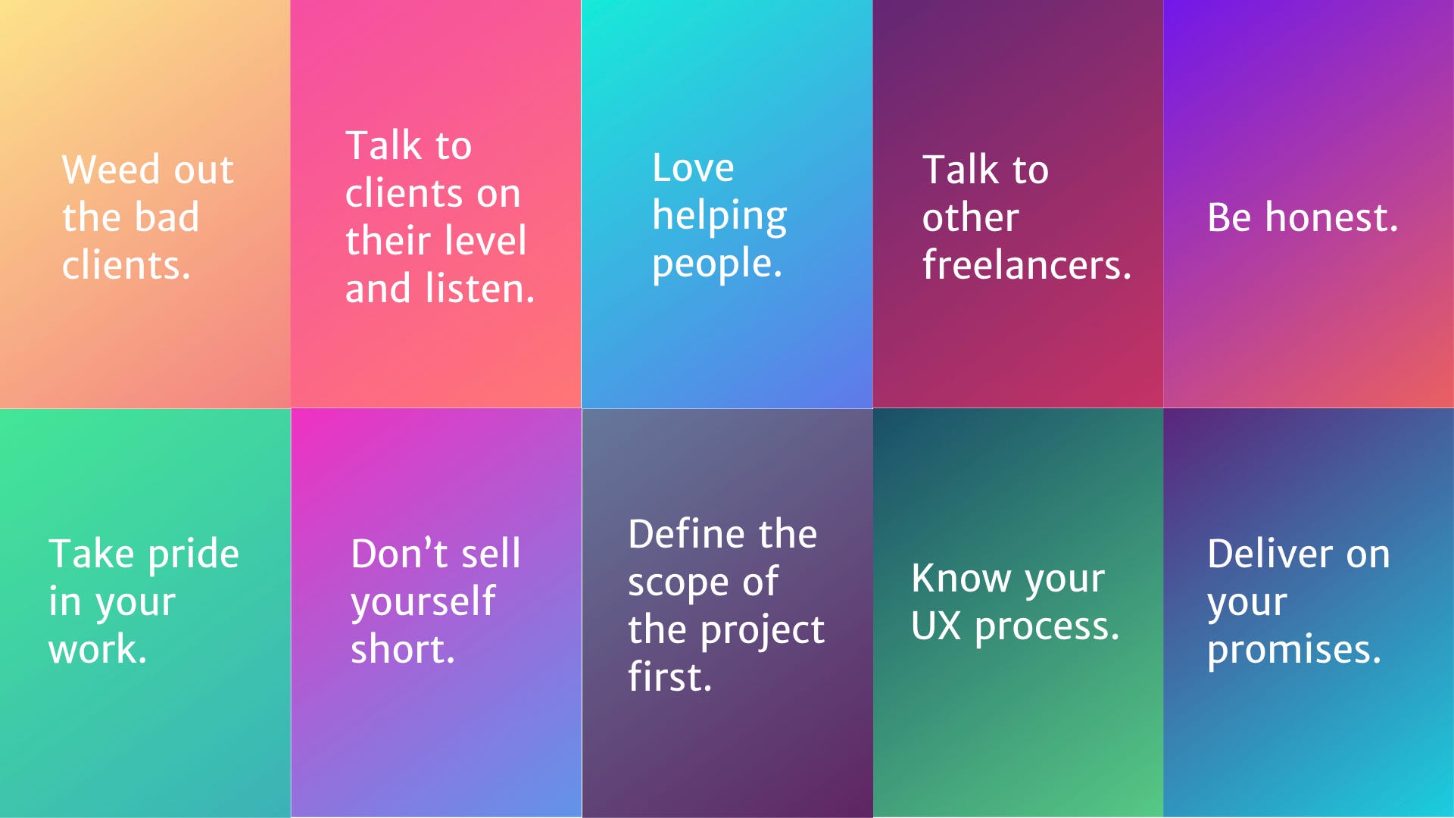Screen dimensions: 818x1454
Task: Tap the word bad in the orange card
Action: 167,218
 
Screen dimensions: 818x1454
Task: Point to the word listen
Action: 479,289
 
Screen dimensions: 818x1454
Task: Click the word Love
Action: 693,167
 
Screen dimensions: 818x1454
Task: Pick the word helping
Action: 719,217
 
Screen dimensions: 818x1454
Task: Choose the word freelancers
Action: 1026,265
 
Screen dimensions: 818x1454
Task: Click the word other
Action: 970,218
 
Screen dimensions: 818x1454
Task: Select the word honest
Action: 1331,218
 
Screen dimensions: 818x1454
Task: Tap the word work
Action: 97,650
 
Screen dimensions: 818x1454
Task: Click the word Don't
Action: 400,554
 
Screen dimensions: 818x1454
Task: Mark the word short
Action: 402,650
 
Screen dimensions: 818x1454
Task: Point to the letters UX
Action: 936,626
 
